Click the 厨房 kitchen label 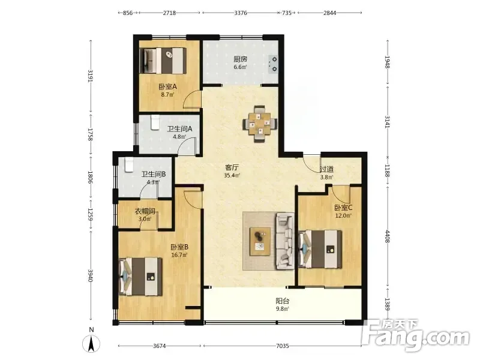pyautogui.click(x=241, y=59)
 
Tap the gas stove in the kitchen pyautogui.click(x=273, y=64)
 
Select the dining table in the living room pyautogui.click(x=260, y=124)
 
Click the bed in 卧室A pyautogui.click(x=163, y=61)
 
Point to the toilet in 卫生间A pyautogui.click(x=155, y=122)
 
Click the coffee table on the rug pyautogui.click(x=260, y=241)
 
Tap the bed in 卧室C pyautogui.click(x=320, y=249)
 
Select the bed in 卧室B pyautogui.click(x=140, y=277)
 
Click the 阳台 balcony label pyautogui.click(x=282, y=301)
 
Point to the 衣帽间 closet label pyautogui.click(x=145, y=211)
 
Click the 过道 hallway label pyautogui.click(x=326, y=169)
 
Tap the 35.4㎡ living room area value pyautogui.click(x=232, y=175)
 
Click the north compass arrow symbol pyautogui.click(x=91, y=343)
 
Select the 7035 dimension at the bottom pyautogui.click(x=282, y=346)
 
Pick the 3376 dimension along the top pyautogui.click(x=241, y=13)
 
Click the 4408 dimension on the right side pyautogui.click(x=387, y=236)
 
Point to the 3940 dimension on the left pyautogui.click(x=91, y=275)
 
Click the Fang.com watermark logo pyautogui.click(x=416, y=335)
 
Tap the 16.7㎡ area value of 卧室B pyautogui.click(x=179, y=254)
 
